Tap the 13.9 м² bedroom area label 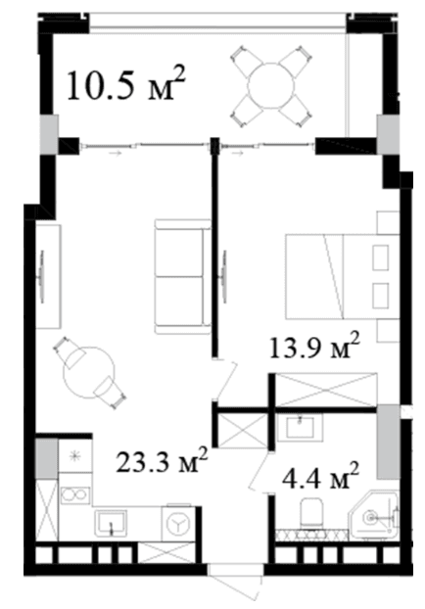click(x=314, y=346)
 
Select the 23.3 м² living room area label click(x=162, y=460)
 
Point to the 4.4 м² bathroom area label click(x=320, y=476)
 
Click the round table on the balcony click(x=271, y=86)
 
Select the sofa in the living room click(x=182, y=276)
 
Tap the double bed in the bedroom click(x=343, y=276)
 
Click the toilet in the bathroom click(x=311, y=512)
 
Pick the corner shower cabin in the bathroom click(x=374, y=515)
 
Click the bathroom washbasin click(x=300, y=427)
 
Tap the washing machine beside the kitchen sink click(x=178, y=523)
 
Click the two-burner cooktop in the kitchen click(x=75, y=495)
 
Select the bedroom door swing click(x=226, y=379)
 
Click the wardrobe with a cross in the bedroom click(x=325, y=390)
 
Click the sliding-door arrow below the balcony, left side click(x=116, y=154)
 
